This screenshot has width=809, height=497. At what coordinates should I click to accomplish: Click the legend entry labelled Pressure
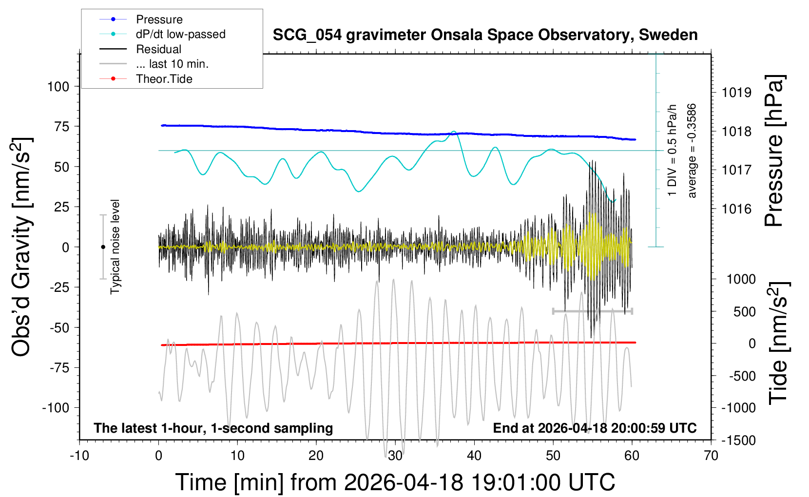click(159, 19)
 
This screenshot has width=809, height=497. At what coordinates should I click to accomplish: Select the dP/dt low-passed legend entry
click(180, 34)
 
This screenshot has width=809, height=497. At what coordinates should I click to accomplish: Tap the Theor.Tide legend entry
click(164, 79)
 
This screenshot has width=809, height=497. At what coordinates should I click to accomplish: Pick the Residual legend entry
click(158, 49)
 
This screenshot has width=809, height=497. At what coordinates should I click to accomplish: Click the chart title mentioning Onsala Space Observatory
click(485, 35)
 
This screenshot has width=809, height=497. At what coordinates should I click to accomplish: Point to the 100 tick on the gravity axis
click(58, 87)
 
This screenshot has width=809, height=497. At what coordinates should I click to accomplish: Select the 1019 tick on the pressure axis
click(736, 93)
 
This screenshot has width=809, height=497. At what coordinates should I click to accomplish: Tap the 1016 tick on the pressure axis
click(736, 210)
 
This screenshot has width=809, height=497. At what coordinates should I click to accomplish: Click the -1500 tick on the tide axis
click(738, 440)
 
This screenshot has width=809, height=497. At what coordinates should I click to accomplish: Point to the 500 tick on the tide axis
click(744, 312)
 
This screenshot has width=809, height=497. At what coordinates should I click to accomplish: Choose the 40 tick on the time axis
click(474, 456)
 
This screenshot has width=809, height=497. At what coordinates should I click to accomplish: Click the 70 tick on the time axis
click(711, 456)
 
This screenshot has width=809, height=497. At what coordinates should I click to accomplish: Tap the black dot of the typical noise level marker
click(103, 247)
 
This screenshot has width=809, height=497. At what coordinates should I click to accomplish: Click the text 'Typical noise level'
click(115, 247)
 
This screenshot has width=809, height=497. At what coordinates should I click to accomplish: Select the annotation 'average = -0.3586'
click(692, 151)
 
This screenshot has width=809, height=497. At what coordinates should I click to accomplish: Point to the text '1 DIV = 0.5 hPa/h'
click(673, 150)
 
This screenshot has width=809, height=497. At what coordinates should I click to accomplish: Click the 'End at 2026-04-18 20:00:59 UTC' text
click(595, 428)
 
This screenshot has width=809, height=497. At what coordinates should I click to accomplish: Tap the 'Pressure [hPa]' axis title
click(774, 151)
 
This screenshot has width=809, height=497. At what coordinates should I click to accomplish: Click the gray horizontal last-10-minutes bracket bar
click(592, 311)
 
